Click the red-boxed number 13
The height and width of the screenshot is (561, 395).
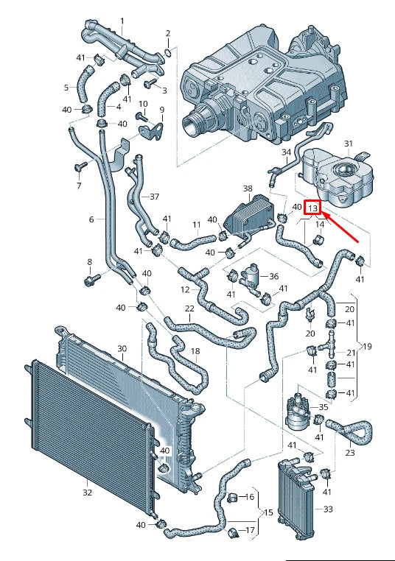(x=313, y=208)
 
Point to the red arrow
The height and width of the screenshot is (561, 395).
(x=340, y=226)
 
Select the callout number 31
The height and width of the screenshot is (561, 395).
(x=349, y=144)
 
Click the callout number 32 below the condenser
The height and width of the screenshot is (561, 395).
(x=87, y=493)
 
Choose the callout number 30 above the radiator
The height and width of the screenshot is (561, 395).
(x=122, y=348)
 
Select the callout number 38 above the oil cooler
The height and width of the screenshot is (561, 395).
(x=248, y=189)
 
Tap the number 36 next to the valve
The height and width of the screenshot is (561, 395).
(x=274, y=277)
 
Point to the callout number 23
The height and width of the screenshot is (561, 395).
(x=349, y=452)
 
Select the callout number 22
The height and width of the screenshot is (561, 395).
(x=189, y=308)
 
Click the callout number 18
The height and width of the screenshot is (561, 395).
(x=195, y=351)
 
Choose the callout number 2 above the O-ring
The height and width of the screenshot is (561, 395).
(x=167, y=34)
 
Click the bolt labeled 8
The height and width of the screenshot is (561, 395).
(x=90, y=280)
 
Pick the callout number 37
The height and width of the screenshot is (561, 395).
(x=154, y=197)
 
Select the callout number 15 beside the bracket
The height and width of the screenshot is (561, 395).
(x=268, y=512)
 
